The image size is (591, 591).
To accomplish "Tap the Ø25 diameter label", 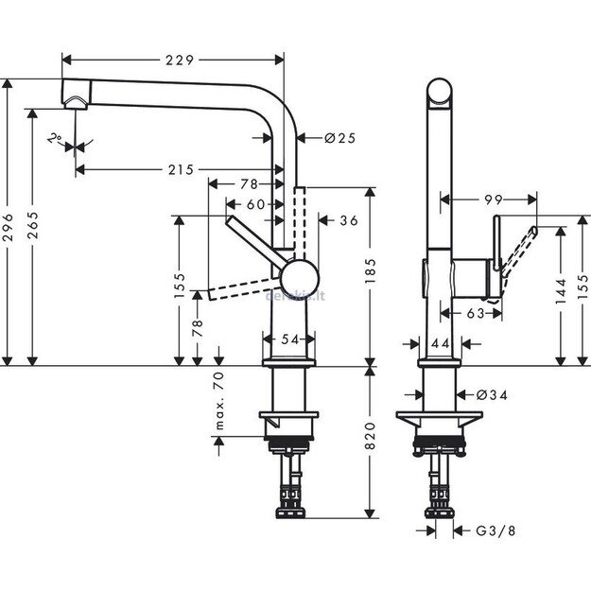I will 339,138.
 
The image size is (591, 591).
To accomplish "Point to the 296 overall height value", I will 10,224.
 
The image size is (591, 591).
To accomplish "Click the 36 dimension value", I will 347,220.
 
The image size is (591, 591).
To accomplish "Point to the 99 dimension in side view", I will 490,200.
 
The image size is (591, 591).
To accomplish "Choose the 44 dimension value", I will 440,345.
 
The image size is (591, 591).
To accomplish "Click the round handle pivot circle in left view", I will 299,281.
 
